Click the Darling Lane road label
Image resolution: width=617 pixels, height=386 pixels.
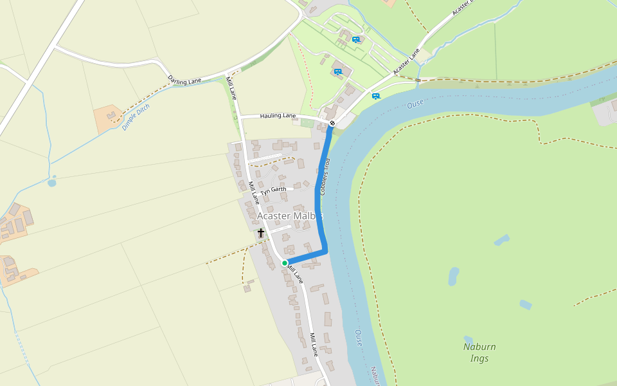coord(184,80)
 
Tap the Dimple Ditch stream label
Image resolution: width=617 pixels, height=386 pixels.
coord(136,117)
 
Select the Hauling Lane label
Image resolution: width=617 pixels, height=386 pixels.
coord(278,116)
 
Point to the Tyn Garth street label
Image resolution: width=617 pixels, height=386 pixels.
coord(273,190)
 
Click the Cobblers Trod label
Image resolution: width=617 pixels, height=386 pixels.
coord(325,176)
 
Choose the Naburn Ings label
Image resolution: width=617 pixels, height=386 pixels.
coord(479,353)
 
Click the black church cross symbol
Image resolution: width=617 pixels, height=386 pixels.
coord(261,233)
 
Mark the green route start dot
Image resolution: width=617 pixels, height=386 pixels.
coord(285,262)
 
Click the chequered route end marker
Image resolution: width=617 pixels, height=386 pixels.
coord(332,123)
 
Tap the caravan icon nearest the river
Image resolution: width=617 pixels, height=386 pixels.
coord(376,96)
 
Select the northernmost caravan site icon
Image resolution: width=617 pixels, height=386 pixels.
coord(356,40)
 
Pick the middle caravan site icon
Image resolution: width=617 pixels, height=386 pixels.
coord(337,71)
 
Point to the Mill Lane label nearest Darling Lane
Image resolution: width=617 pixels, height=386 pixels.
coord(231,88)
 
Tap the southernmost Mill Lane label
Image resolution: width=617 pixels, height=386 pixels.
coord(314,345)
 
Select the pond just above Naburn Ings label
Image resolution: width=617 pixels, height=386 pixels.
coord(468,338)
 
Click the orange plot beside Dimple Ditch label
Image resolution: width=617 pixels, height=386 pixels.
coord(111,118)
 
